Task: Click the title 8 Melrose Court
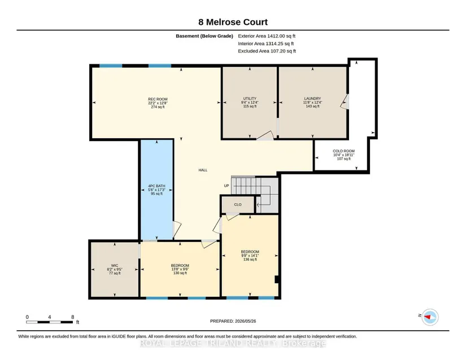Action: click(x=233, y=22)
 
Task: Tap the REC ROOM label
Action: click(x=158, y=99)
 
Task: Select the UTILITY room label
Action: click(x=250, y=99)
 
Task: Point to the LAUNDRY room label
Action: click(x=312, y=99)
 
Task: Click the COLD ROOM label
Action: click(x=343, y=151)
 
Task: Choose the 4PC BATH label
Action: click(x=156, y=186)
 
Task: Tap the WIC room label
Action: click(x=115, y=266)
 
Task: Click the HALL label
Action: click(x=203, y=170)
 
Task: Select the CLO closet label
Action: click(x=238, y=204)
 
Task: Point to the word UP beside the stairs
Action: click(x=227, y=186)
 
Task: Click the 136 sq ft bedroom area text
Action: click(x=250, y=260)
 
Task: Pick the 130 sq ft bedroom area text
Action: click(x=180, y=273)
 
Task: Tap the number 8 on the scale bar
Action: click(x=72, y=317)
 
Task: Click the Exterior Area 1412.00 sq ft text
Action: click(x=267, y=36)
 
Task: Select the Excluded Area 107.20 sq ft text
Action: click(x=267, y=51)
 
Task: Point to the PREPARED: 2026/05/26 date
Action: click(x=233, y=321)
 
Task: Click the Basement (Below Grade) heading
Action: click(x=204, y=36)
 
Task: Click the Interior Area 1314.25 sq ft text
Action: click(x=265, y=43)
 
